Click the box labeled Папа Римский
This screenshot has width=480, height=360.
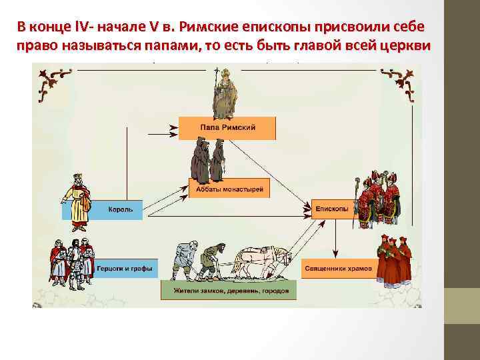pyautogui.click(x=227, y=127)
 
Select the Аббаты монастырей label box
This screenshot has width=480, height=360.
pyautogui.click(x=229, y=190)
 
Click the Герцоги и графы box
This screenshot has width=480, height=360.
pyautogui.click(x=124, y=269)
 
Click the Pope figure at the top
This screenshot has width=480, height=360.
pyautogui.click(x=225, y=93)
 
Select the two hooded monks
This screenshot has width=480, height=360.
pyautogui.click(x=208, y=161)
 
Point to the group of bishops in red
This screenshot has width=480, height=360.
pyautogui.click(x=377, y=196)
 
